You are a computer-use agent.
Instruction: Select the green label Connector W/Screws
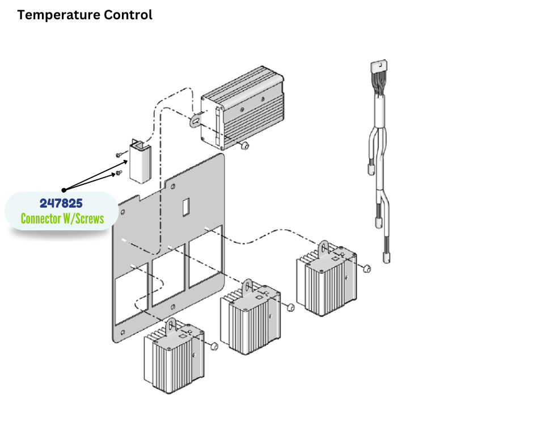coord(62,218)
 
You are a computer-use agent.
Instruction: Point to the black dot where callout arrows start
coord(64,189)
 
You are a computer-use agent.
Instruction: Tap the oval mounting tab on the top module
coord(196,120)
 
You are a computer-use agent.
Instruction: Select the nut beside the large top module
coord(244,147)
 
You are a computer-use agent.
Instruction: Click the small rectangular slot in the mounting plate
coord(185,207)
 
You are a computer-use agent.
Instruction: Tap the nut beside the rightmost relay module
coord(367,268)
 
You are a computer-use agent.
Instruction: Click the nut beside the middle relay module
coord(290,307)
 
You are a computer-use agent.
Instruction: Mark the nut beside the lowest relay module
coord(214,346)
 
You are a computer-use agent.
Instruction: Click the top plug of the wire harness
coord(378,68)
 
